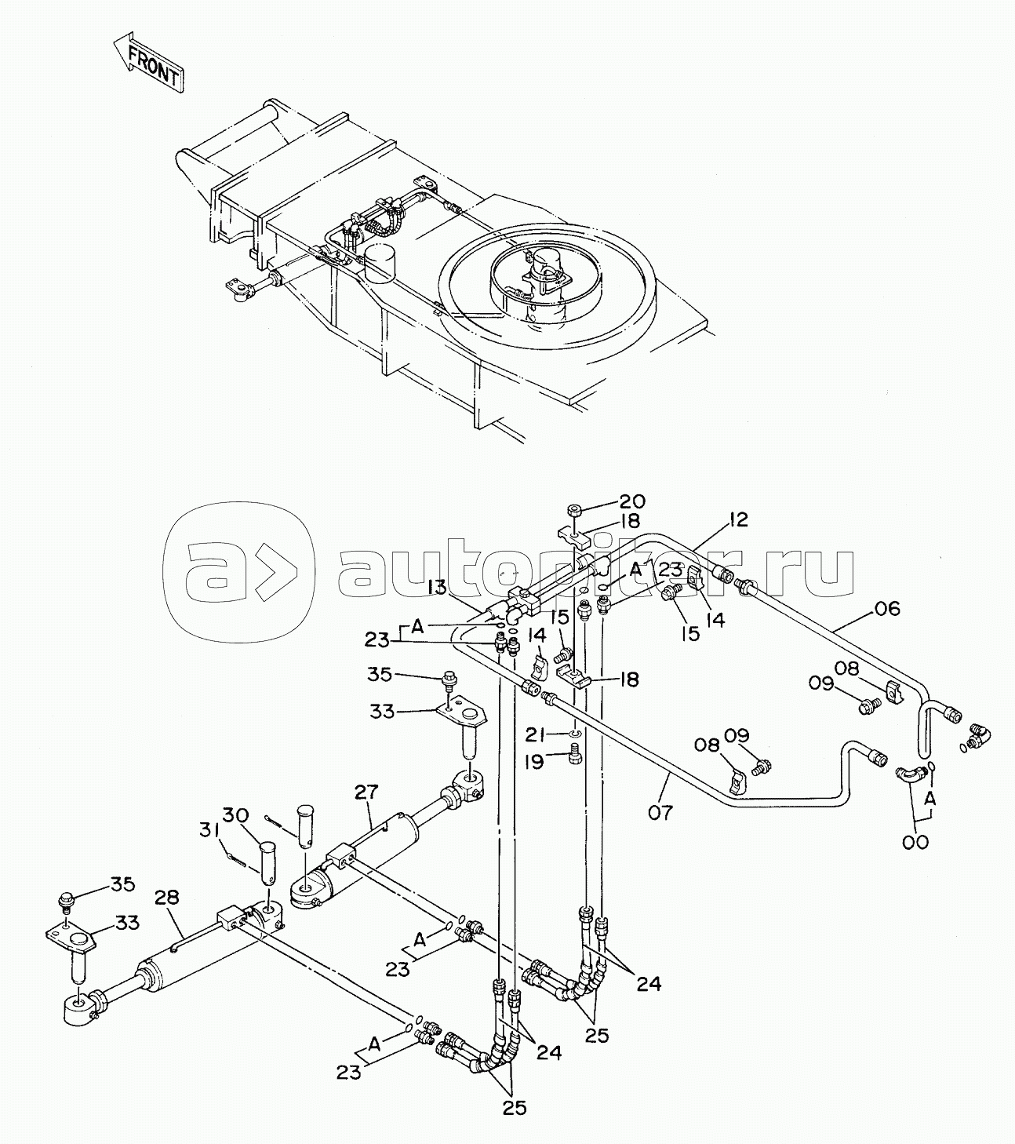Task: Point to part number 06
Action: (887, 608)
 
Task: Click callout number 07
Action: (660, 812)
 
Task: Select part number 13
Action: (437, 587)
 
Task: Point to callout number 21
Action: (535, 734)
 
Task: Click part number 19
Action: (535, 762)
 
